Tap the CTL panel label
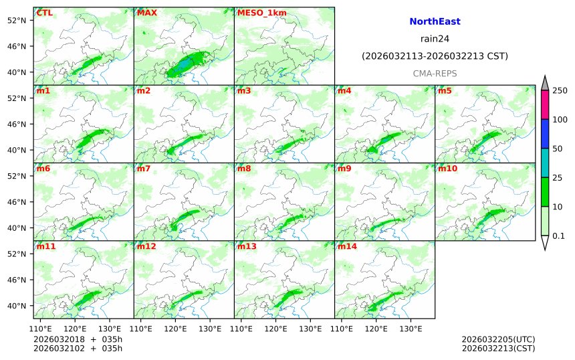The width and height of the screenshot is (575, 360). (x=44, y=13)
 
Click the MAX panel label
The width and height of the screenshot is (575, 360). (x=146, y=13)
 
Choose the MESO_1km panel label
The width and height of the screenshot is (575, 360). (x=257, y=13)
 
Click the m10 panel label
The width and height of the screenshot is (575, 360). (x=447, y=169)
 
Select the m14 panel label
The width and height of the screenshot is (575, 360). (x=347, y=246)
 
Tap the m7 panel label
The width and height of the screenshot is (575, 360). (x=144, y=169)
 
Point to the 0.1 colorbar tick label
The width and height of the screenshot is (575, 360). (x=558, y=236)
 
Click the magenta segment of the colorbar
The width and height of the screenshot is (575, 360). (x=544, y=104)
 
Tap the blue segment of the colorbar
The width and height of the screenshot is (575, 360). (x=544, y=134)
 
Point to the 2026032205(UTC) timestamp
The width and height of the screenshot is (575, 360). (x=498, y=339)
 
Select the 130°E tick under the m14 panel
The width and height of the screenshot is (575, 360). (x=411, y=329)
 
